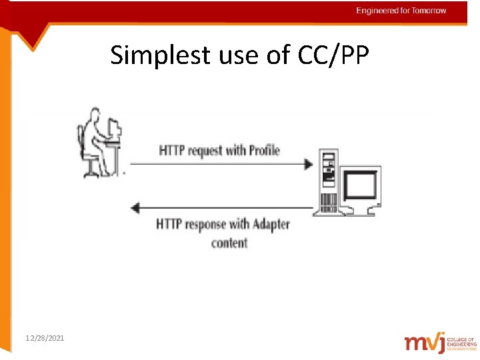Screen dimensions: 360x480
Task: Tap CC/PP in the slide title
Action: [x=331, y=55]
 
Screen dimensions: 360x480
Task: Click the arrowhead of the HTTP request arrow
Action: [x=308, y=164]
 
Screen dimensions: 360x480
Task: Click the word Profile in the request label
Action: [x=264, y=150]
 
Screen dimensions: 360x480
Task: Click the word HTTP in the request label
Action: [x=172, y=150]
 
